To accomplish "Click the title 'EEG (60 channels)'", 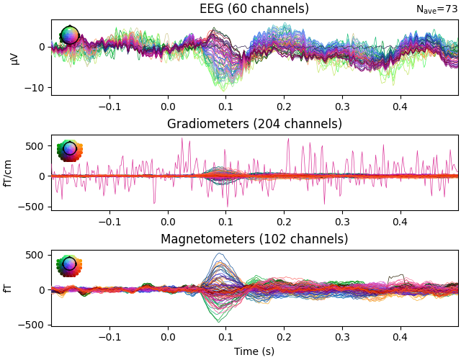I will (x=254, y=9).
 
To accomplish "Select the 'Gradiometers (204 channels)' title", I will (x=254, y=124).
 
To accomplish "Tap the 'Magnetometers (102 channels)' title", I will (x=254, y=239).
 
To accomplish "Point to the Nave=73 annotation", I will (x=437, y=9).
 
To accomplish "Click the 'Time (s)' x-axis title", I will (x=254, y=351).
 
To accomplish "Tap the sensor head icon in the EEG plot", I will (x=69, y=35).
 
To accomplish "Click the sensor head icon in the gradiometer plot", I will (x=69, y=150).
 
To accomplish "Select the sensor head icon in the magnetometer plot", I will (x=69, y=265).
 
